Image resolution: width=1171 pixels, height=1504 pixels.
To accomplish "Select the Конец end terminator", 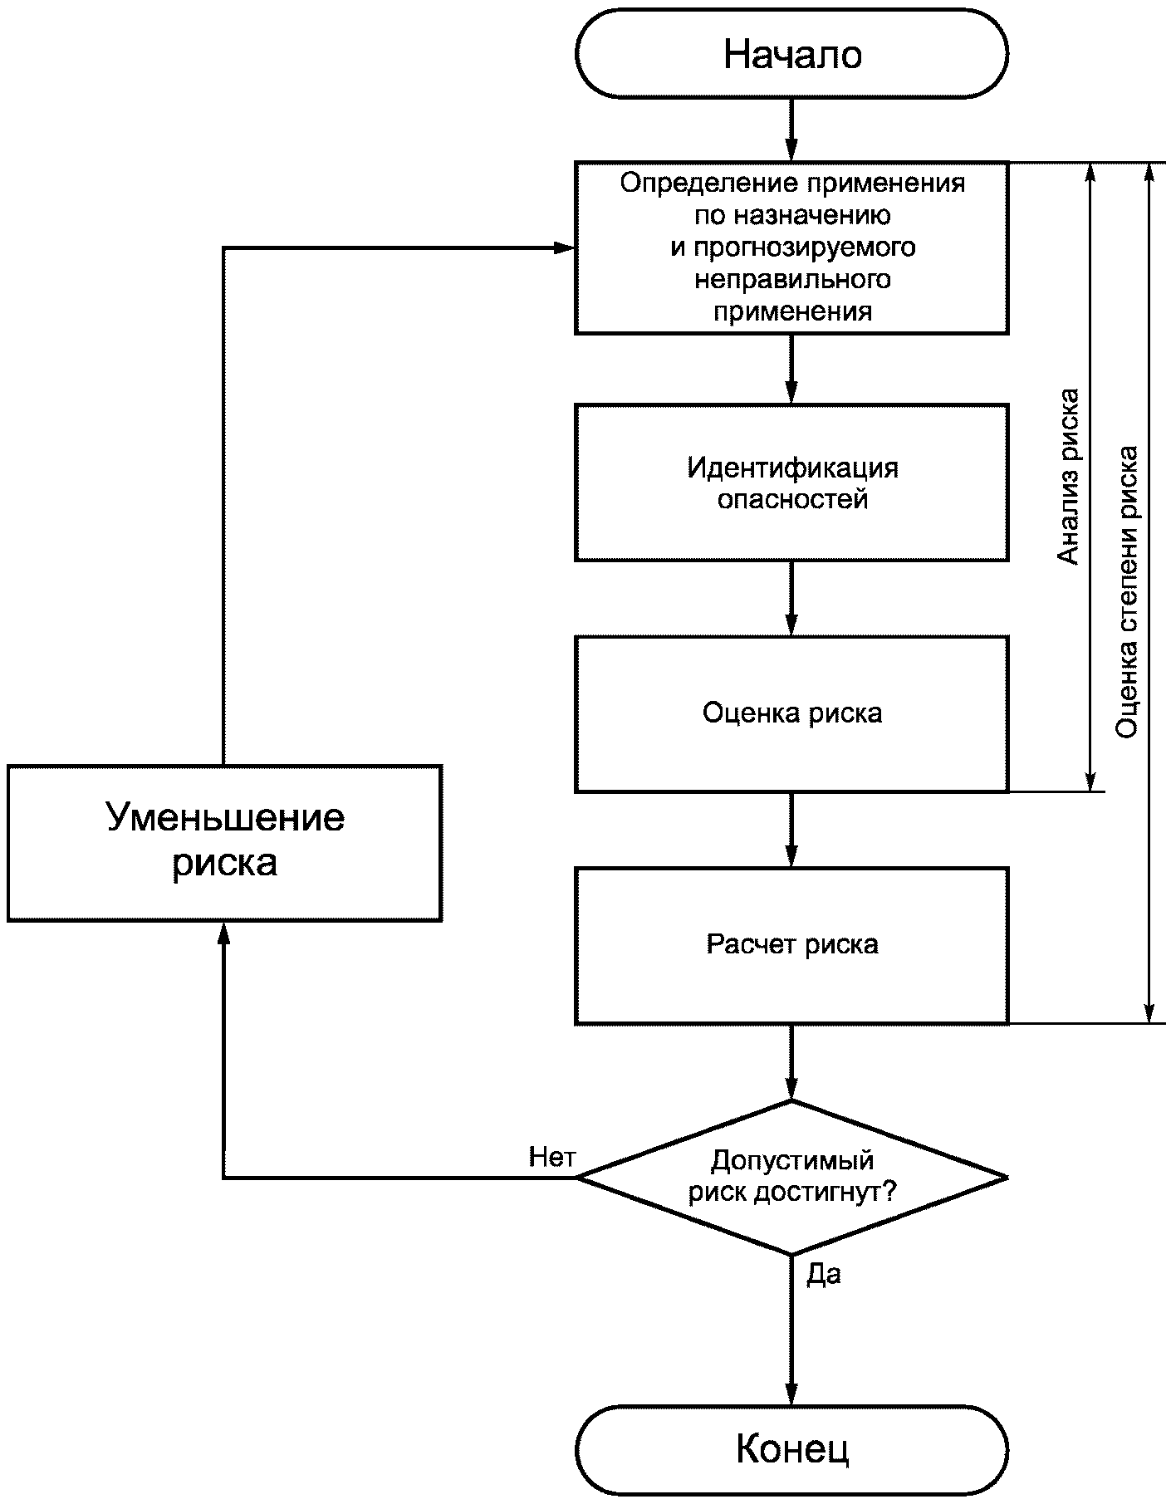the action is pos(791,1450).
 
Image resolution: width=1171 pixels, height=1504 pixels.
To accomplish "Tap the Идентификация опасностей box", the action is pos(791,483).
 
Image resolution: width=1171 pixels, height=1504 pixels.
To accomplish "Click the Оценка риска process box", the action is pos(791,713).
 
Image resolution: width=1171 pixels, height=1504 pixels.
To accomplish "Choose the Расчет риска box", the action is pos(791,945).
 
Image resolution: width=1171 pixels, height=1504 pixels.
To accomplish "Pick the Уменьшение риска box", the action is pos(224,842).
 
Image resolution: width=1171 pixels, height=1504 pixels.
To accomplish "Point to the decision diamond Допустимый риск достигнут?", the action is pos(791,1177).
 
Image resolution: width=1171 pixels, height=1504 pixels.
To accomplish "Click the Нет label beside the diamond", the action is pos(552,1157).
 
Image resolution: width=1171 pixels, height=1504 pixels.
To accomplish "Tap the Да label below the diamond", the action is pos(824,1274).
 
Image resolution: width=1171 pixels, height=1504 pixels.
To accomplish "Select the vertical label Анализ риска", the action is pos(1068,477).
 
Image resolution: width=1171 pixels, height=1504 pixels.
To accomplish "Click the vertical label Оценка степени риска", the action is pos(1126,592).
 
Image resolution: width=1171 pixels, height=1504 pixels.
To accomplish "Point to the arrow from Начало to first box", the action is pos(791,130).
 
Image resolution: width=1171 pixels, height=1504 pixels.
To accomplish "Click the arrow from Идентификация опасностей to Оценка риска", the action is pos(791,599).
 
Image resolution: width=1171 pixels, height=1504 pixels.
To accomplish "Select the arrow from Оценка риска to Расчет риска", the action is pos(791,830).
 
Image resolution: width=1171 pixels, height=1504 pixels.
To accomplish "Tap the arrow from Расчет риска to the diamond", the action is pos(791,1062).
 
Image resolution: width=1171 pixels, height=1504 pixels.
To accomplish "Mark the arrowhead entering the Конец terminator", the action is pos(791,1394).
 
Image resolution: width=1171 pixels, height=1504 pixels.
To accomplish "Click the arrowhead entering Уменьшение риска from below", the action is pos(223,933).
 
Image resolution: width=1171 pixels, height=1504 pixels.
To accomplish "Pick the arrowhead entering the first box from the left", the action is pos(564,247).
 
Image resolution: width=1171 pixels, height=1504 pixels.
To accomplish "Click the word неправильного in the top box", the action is pos(792,279).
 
